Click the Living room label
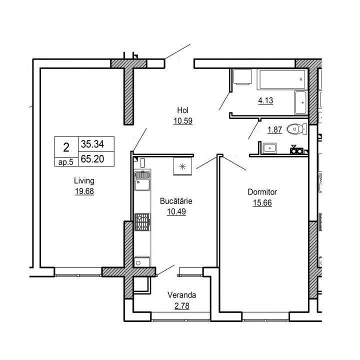tap(84, 181)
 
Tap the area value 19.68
tap(84, 191)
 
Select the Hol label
tap(183, 110)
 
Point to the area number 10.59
tap(183, 120)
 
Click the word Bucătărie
tap(176, 201)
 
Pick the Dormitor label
tap(262, 192)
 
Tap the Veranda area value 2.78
tap(182, 306)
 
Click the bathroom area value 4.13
tap(265, 100)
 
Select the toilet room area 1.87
tap(274, 129)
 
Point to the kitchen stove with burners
tap(142, 222)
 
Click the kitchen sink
tap(142, 181)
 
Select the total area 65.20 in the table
tap(92, 159)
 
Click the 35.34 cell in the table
tap(92, 144)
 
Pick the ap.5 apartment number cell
tap(66, 162)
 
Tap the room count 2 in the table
tap(66, 147)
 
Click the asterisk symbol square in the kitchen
tap(182, 166)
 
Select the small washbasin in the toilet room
tap(270, 148)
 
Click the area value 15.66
tap(262, 203)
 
